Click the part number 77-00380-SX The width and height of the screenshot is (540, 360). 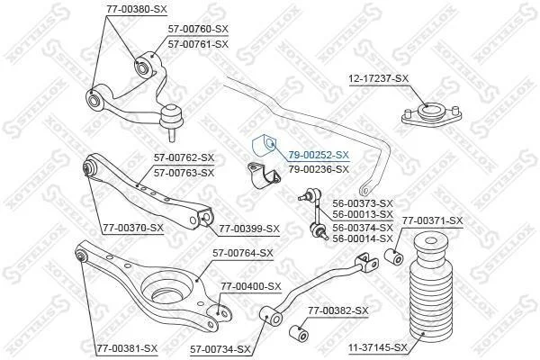point(137,9)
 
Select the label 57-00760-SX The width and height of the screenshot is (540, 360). point(198,30)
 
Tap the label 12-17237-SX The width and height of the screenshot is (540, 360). point(378,78)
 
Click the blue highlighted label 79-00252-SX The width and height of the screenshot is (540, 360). point(319,155)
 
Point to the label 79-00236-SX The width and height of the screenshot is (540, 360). point(319,169)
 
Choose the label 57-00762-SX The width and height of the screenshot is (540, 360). point(184,157)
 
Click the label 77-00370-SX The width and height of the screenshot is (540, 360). point(133,228)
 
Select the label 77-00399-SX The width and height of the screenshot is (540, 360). point(249,229)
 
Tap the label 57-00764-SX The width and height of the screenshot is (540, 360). point(243,253)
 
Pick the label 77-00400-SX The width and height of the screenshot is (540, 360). point(251,286)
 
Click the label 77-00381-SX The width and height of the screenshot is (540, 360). point(127,348)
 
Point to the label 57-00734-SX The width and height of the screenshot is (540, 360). point(220,350)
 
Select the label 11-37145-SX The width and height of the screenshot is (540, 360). point(377,347)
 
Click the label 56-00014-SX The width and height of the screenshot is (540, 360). point(363,238)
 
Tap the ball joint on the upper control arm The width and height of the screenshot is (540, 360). point(171,122)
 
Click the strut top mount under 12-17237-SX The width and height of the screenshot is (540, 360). point(431,115)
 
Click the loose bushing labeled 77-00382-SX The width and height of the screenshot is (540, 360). point(299,334)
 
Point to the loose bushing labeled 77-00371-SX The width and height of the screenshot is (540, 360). point(393,256)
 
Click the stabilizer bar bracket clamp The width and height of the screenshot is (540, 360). point(264,175)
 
